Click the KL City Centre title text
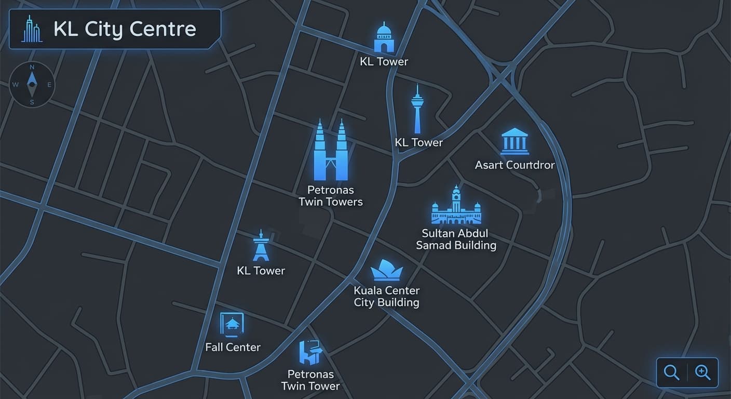click(125, 29)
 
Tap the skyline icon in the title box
click(32, 29)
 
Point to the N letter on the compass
click(32, 68)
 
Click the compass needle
click(32, 84)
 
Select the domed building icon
click(384, 37)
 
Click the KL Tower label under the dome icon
click(384, 61)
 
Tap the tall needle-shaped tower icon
click(417, 109)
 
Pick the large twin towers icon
click(330, 150)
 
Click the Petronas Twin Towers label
click(331, 196)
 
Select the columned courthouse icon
click(515, 141)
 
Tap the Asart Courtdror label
click(515, 165)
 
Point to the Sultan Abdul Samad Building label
click(456, 239)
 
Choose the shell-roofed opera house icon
click(387, 270)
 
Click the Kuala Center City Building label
click(387, 296)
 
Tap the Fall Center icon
click(232, 325)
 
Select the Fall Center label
click(233, 347)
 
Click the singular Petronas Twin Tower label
click(310, 380)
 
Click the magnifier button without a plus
click(672, 373)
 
